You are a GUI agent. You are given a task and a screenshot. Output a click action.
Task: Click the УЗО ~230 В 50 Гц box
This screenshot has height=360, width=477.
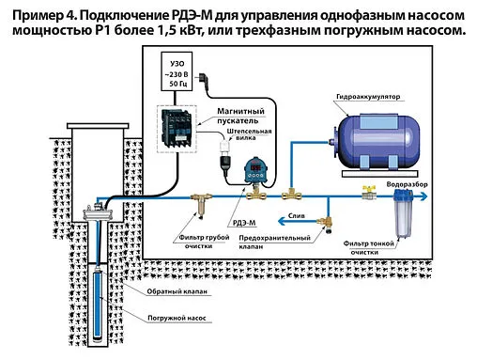click(176, 73)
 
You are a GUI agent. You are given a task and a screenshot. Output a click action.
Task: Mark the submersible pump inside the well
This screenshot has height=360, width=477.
click(98, 301)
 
